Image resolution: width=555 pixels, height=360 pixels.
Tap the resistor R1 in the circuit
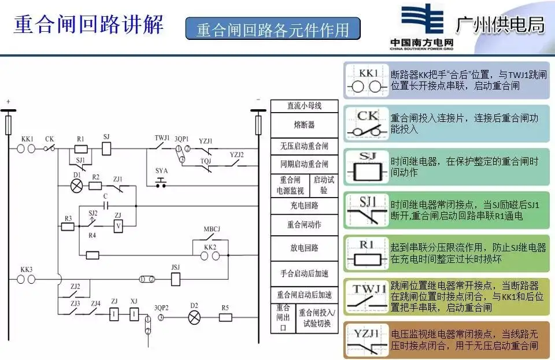[x=82, y=149]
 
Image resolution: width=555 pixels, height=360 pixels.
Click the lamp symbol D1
[x=76, y=185]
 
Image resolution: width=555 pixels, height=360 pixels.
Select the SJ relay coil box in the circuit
[x=106, y=149]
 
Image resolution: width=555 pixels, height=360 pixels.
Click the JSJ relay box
[x=176, y=279]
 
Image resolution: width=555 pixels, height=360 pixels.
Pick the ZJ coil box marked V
[x=118, y=227]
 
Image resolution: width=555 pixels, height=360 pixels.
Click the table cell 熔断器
[x=304, y=125]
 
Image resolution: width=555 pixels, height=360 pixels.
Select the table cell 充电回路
[x=304, y=206]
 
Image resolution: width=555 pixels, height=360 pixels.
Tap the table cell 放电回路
[x=304, y=247]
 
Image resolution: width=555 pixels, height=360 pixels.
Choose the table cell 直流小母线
[x=304, y=106]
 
